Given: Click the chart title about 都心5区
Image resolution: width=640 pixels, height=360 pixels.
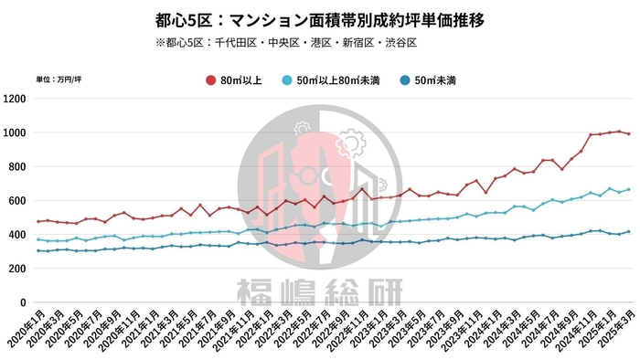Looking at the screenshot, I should [x=319, y=18].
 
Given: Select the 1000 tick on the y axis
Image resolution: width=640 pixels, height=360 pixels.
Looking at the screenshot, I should [x=16, y=132].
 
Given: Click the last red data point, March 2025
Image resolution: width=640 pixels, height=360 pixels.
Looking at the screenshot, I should [x=628, y=134].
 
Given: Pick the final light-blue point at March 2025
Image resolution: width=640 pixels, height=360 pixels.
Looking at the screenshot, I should [x=628, y=189].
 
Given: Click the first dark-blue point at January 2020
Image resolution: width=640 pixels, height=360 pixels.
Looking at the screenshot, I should [x=38, y=250].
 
